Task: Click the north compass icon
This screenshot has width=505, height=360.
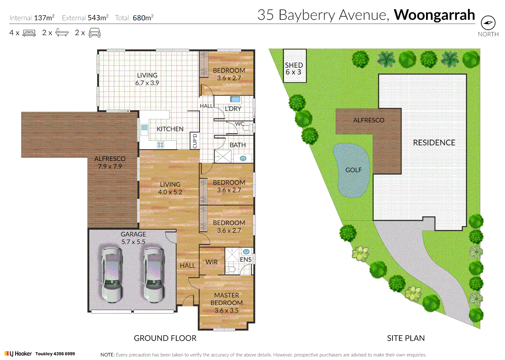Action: pyautogui.click(x=488, y=23)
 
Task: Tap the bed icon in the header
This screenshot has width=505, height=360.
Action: pyautogui.click(x=29, y=33)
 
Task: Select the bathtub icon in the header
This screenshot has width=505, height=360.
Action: pyautogui.click(x=62, y=33)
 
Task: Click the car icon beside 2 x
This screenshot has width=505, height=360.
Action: pyautogui.click(x=95, y=33)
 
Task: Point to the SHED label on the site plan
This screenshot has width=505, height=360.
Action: pyautogui.click(x=294, y=65)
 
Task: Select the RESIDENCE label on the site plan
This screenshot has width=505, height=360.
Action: pyautogui.click(x=434, y=143)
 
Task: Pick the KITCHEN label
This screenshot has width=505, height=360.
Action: pyautogui.click(x=170, y=129)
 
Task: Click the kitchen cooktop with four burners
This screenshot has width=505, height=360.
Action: pyautogui.click(x=161, y=145)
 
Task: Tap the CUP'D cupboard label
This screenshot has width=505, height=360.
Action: pyautogui.click(x=195, y=141)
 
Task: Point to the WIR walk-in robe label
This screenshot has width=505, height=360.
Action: pyautogui.click(x=212, y=262)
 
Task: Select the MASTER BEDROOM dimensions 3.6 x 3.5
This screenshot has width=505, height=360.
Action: pyautogui.click(x=226, y=310)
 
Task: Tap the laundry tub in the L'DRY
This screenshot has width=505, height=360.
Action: pyautogui.click(x=235, y=99)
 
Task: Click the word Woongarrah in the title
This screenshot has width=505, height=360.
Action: pyautogui.click(x=434, y=15)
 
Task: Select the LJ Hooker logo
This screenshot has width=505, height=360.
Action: pyautogui.click(x=18, y=354)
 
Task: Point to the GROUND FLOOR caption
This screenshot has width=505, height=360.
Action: pyautogui.click(x=165, y=338)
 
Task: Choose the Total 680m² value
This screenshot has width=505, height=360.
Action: pyautogui.click(x=143, y=18)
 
